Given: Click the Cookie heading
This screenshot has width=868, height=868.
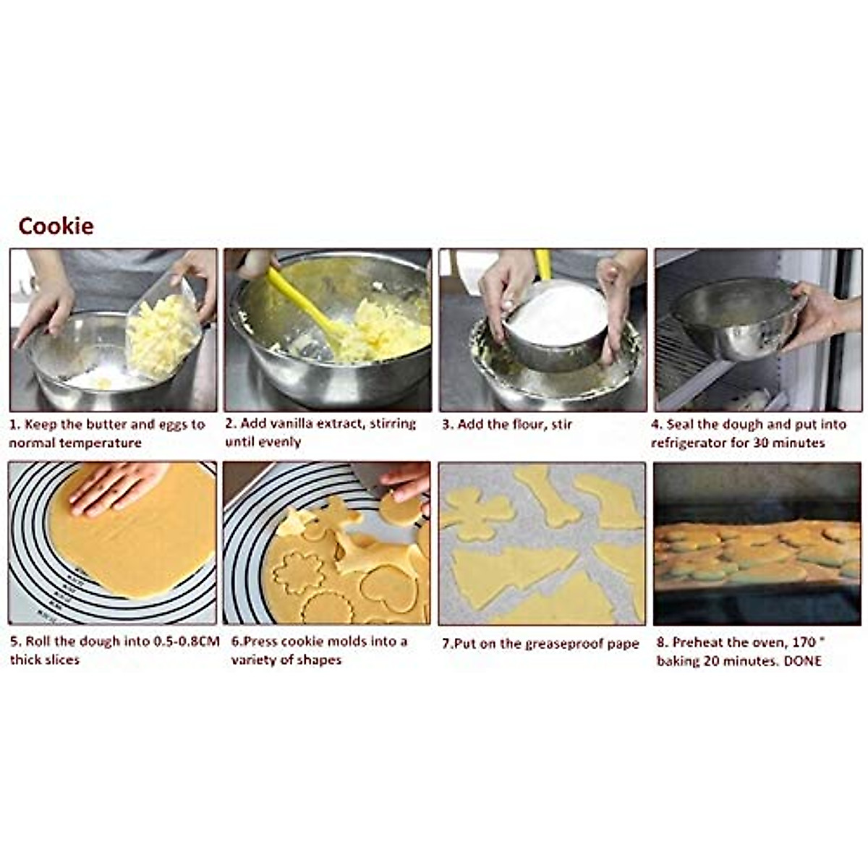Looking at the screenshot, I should (56, 226).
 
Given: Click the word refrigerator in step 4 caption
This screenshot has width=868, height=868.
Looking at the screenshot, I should (688, 443).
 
